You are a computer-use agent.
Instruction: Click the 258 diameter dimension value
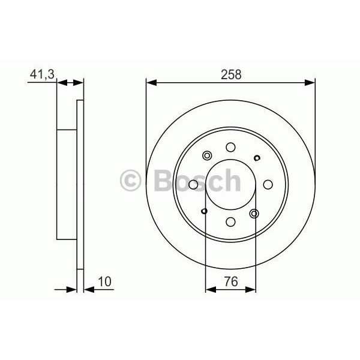231,74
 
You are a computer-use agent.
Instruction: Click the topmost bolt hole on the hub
230,146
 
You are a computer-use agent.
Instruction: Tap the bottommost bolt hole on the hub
230,221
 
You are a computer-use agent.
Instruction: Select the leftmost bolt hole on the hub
193,184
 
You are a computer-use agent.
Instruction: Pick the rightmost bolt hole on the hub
268,184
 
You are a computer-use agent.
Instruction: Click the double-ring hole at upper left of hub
208,155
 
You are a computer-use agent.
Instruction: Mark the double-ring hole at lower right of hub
254,213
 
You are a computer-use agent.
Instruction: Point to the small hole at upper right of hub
257,158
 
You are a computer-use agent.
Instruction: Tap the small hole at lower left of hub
205,211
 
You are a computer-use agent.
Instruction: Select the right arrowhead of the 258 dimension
311,82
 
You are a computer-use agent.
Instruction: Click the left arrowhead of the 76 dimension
209,289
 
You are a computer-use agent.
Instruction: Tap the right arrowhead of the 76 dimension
253,289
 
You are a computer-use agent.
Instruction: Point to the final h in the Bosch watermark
231,180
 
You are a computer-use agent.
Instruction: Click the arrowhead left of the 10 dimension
73,289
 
